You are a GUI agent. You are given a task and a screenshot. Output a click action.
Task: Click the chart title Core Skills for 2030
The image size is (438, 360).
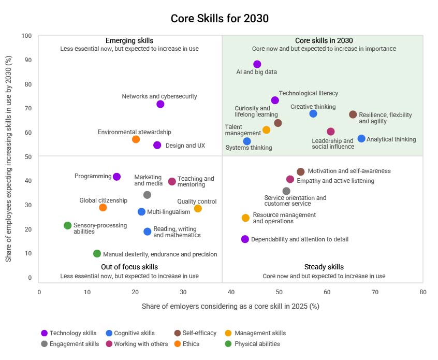pyautogui.click(x=220, y=19)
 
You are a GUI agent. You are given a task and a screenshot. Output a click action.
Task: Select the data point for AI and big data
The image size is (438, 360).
pyautogui.click(x=257, y=64)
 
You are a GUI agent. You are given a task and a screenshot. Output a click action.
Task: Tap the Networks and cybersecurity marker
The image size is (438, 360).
pyautogui.click(x=160, y=104)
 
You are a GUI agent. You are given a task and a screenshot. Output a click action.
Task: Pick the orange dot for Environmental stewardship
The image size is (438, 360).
pyautogui.click(x=136, y=139)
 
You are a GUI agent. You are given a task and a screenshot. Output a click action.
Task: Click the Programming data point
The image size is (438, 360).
pyautogui.click(x=117, y=177)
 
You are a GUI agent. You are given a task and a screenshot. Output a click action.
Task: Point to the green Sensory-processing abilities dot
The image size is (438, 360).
pyautogui.click(x=67, y=225)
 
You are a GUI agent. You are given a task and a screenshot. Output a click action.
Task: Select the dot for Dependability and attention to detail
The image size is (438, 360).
pyautogui.click(x=245, y=239)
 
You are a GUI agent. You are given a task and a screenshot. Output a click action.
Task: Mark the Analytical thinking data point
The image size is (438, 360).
pyautogui.click(x=361, y=139)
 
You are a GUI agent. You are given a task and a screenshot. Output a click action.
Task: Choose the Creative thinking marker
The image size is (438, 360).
pyautogui.click(x=313, y=114)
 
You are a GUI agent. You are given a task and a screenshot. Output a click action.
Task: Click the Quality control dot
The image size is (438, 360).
pyautogui.click(x=198, y=209)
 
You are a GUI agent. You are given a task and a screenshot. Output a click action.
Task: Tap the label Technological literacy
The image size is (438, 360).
pyautogui.click(x=308, y=93)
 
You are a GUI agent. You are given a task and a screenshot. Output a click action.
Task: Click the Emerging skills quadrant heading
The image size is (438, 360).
pyautogui.click(x=129, y=41)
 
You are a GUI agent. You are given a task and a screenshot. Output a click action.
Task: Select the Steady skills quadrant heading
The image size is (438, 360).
pyautogui.click(x=324, y=267)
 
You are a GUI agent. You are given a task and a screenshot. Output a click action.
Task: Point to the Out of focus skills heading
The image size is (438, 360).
pyautogui.click(x=129, y=267)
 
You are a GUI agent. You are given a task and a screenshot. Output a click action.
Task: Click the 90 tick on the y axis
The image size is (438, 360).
pyautogui.click(x=28, y=60)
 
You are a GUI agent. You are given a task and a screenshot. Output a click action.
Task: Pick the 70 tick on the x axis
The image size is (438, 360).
pyautogui.click(x=375, y=292)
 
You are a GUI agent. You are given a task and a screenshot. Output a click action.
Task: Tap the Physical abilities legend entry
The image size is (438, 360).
pyautogui.click(x=257, y=344)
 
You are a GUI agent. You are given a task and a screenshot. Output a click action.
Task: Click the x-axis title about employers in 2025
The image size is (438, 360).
pyautogui.click(x=230, y=306)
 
